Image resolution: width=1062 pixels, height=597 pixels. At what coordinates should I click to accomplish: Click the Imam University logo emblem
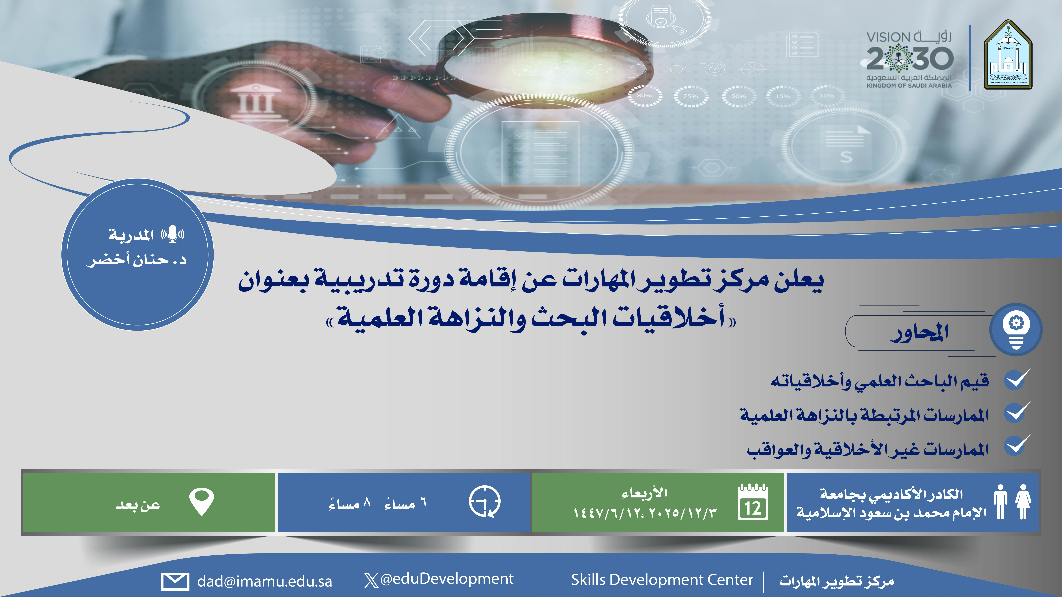1008,55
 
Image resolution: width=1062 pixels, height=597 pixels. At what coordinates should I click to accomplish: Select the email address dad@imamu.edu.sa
264,581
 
